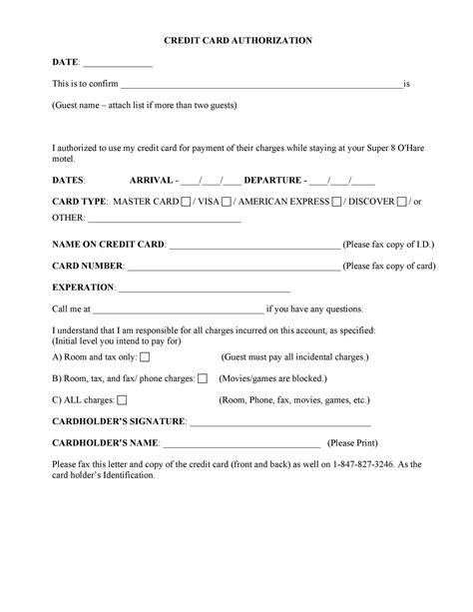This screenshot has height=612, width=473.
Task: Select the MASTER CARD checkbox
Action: pos(187,202)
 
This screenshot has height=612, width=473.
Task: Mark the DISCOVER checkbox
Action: pos(401,202)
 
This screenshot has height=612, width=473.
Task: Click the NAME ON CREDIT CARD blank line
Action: pos(254,245)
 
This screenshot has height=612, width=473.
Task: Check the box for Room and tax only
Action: pos(146,356)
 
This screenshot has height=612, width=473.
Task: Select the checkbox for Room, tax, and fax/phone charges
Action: pos(203,378)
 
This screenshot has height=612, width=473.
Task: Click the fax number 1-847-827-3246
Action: pos(370,464)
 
